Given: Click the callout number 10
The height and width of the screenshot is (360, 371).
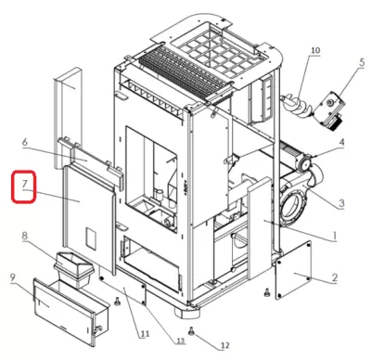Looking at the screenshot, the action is point(315,50).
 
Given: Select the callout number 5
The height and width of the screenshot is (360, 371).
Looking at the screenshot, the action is point(362,62).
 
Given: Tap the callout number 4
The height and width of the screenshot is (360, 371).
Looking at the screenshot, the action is point(341,142).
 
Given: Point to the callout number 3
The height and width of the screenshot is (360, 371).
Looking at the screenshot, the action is point(341,203).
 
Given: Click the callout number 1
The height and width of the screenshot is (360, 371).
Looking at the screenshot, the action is point(334,236).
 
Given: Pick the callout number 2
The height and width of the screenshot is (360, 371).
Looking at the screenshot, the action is point(334,277).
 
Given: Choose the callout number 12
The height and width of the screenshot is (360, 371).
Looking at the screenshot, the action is point(225,345).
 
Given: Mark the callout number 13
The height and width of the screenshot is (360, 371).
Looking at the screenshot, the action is point(180,341).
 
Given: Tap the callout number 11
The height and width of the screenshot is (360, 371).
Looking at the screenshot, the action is point(145,334).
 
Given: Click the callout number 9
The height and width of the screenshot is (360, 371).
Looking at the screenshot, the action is point(12,277).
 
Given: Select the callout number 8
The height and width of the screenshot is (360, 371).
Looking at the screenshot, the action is point(24,236).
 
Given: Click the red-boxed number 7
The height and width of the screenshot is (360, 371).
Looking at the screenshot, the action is point(25,184).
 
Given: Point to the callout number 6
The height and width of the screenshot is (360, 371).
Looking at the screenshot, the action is point(25,142).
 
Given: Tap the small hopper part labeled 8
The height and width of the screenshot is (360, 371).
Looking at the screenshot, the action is point(74,269).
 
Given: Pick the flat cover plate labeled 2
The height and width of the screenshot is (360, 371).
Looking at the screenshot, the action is point(293,270).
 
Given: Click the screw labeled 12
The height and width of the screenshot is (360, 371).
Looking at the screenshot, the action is point(192,331).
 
